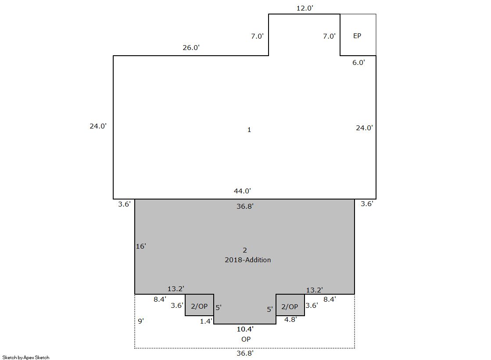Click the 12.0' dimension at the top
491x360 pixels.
[x=305, y=8]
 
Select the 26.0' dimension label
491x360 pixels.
[x=191, y=48]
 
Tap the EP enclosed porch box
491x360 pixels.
[x=358, y=35]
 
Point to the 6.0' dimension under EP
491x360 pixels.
[x=358, y=63]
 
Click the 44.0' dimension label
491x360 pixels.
[x=242, y=191]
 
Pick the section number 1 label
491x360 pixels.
[x=249, y=130]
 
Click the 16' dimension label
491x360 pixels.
[x=141, y=246]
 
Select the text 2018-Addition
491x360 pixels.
[x=247, y=260]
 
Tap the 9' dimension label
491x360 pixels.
[x=141, y=321]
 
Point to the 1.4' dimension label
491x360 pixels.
[x=206, y=321]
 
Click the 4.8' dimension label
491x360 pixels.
[x=290, y=320]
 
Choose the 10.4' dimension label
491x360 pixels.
[x=245, y=329]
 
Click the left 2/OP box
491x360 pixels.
[x=200, y=305]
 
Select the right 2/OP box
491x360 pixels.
[x=290, y=305]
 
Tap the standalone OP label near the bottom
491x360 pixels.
[x=246, y=339]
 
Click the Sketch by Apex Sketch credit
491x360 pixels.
[x=26, y=357]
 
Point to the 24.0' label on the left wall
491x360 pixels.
[x=98, y=126]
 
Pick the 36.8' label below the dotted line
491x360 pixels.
[x=245, y=353]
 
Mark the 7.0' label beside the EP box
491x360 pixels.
[x=329, y=36]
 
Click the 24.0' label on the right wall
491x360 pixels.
[x=364, y=128]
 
